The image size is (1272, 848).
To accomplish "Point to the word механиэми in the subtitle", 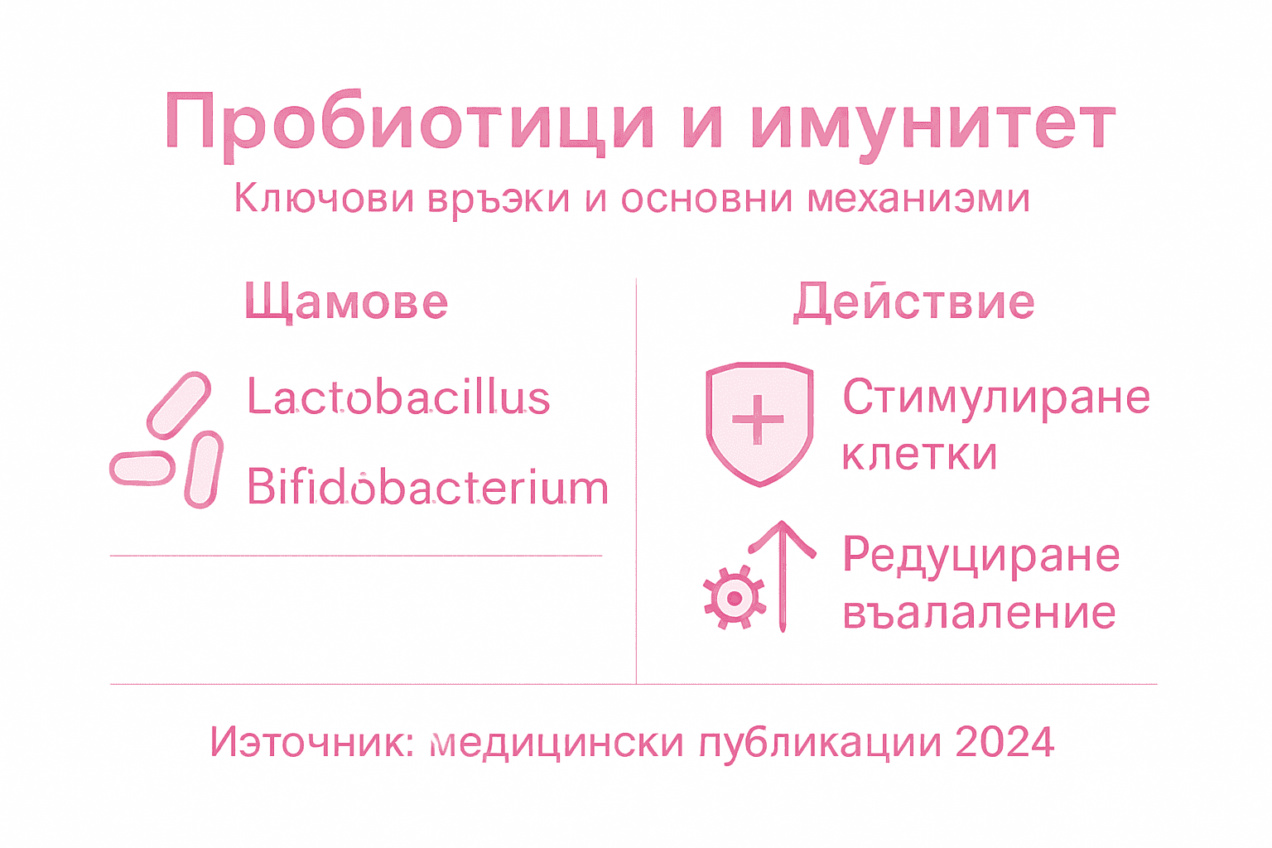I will tap(918, 199).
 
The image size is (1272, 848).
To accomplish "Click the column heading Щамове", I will tap(346, 301).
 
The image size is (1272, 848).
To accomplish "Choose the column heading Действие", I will tap(914, 301).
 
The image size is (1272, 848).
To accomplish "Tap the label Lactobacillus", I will tap(398, 397).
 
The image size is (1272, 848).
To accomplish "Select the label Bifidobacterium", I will tap(427, 487).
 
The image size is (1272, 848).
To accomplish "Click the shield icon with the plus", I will tap(759, 422).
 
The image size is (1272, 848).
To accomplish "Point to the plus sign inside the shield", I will tap(758, 419).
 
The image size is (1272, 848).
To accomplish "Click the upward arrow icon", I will tap(783, 576).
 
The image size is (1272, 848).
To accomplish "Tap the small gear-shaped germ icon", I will tap(733, 597).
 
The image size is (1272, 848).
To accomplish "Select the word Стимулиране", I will tap(996, 397).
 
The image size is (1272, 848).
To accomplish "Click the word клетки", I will tap(919, 454).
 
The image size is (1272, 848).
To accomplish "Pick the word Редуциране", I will tap(981, 555).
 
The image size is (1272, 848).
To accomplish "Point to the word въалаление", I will tap(979, 613).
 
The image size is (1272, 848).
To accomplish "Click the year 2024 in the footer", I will tap(1005, 742).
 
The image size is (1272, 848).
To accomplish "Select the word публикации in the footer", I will tap(820, 742).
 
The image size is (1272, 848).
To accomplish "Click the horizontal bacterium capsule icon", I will tap(142, 469).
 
